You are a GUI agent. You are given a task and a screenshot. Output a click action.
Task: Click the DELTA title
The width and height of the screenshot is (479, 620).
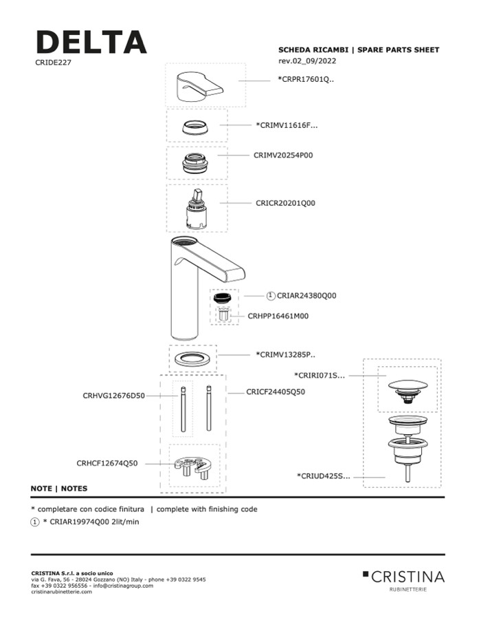click(x=91, y=42)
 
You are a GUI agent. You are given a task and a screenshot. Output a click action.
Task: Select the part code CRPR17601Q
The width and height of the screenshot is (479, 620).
click(x=306, y=80)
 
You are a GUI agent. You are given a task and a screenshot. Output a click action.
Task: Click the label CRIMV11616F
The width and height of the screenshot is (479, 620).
click(x=287, y=125)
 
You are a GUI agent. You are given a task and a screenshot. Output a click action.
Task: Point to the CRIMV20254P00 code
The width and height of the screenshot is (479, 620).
click(x=282, y=156)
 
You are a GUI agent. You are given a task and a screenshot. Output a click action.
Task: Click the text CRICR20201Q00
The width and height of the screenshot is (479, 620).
click(x=285, y=204)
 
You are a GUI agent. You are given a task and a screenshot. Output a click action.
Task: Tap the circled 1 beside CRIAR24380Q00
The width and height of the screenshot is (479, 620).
click(x=271, y=296)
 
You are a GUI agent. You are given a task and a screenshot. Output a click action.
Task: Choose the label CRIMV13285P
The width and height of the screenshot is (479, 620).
click(x=285, y=355)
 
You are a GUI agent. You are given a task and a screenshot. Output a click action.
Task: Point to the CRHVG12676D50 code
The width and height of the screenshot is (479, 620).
click(x=113, y=396)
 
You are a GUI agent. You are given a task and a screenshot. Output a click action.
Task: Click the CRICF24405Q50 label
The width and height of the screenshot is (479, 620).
click(x=276, y=392)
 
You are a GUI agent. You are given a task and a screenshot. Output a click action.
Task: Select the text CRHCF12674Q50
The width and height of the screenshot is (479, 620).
click(x=107, y=463)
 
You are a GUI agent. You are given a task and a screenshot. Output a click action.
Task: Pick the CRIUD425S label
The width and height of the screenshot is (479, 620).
click(x=323, y=475)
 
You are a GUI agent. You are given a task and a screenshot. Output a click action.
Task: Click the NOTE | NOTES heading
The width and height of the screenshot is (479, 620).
click(x=59, y=488)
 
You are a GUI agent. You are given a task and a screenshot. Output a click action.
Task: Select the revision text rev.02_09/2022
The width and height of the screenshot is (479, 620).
click(x=307, y=61)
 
